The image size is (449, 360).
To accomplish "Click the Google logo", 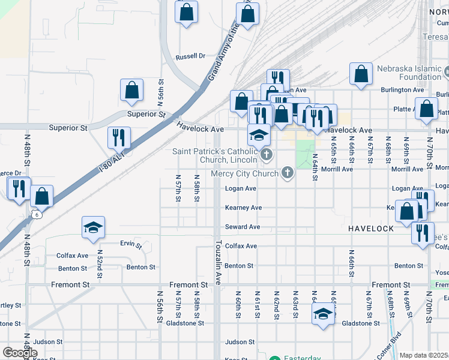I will click(x=20, y=353).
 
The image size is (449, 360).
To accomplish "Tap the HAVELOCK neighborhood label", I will click(x=371, y=229).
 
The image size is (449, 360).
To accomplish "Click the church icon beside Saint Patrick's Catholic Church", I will click(x=267, y=156).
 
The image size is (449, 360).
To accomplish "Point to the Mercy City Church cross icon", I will click(x=288, y=173).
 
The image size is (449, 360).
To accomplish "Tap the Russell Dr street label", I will click(x=190, y=57).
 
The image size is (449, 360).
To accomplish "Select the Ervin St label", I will click(x=130, y=245).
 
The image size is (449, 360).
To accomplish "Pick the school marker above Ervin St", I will click(x=93, y=227).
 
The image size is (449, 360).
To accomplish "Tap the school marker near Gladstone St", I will click(x=323, y=314).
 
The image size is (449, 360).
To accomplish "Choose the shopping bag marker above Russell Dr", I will click(x=186, y=11).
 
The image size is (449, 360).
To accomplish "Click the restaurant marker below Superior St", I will click(x=119, y=137).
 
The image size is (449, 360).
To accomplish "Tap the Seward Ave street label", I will click(x=243, y=227).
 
